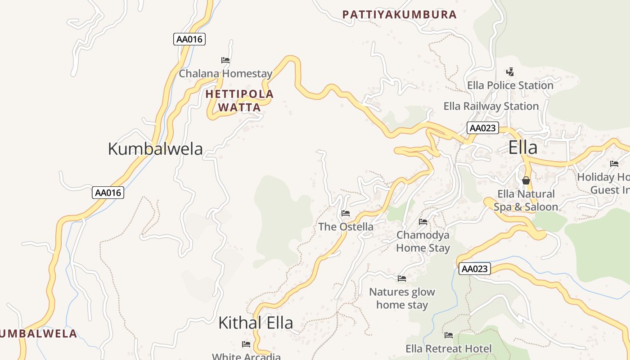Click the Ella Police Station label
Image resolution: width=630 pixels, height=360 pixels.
510,85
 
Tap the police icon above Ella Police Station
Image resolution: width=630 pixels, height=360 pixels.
510,72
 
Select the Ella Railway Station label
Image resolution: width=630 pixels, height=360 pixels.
491,106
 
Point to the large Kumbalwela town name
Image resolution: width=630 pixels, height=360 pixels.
155,148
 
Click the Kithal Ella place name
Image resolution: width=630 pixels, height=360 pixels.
256,323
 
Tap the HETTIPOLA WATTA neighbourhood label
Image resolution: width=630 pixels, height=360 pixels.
239,101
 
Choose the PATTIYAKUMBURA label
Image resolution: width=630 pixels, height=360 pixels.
400,14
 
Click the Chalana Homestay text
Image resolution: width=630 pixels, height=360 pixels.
225,73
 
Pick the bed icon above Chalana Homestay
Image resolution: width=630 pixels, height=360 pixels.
225,60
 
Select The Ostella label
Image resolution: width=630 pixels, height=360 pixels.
346,226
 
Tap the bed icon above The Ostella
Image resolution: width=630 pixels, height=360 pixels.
346,213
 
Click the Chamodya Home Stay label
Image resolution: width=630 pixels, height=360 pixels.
423,241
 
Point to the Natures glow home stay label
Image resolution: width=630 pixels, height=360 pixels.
402,298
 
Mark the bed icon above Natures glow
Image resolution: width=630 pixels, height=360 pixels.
402,279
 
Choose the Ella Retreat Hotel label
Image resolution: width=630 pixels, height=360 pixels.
449,349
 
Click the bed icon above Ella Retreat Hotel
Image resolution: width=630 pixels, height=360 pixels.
449,335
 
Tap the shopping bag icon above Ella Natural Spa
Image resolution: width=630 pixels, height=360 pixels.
526,180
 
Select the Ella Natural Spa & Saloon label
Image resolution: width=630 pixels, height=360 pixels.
526,200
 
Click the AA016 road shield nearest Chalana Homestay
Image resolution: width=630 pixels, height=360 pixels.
189,39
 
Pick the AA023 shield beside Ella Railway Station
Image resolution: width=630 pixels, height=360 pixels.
483,128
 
